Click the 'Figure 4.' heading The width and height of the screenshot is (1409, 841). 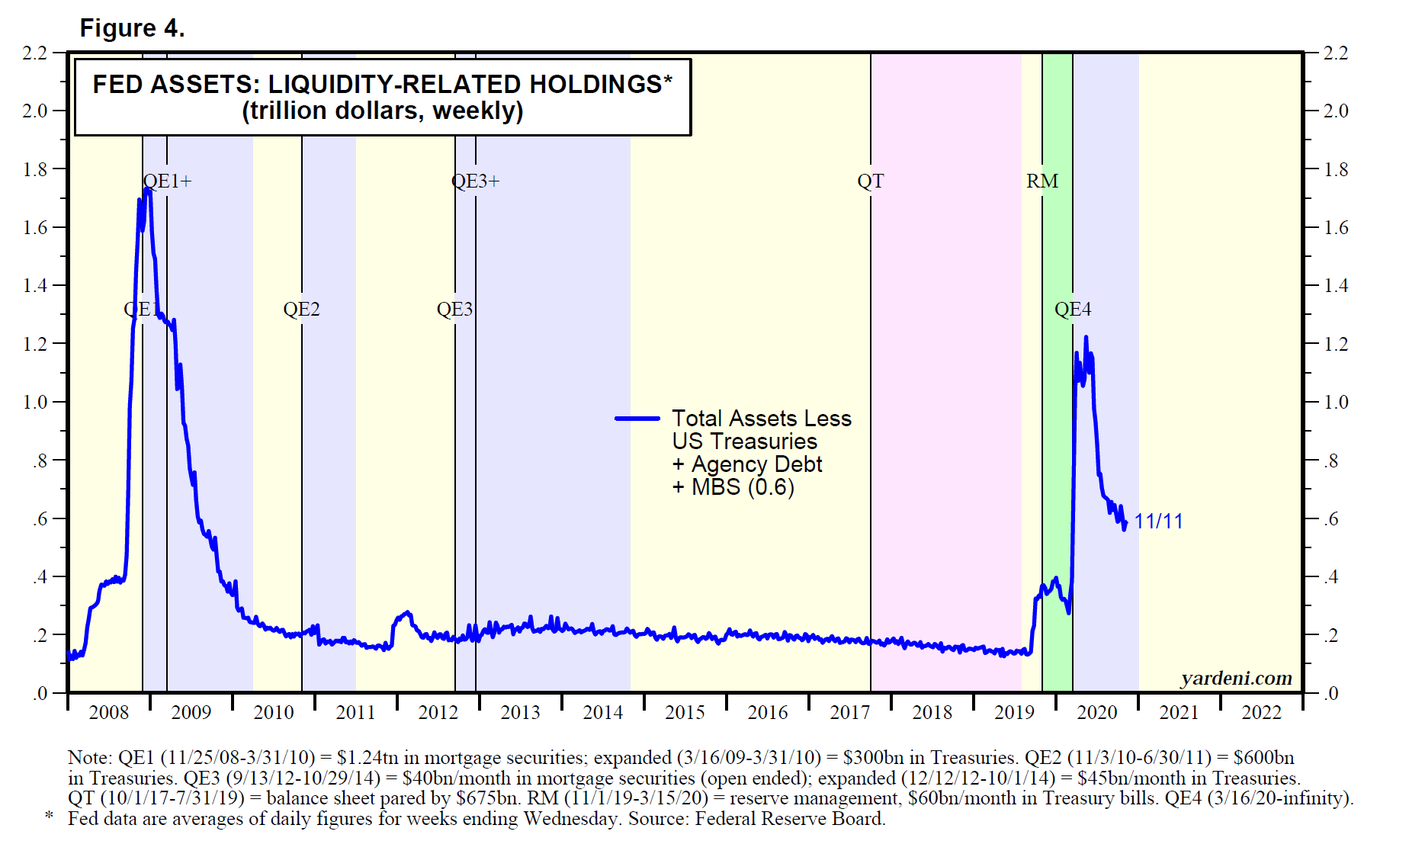point(132,28)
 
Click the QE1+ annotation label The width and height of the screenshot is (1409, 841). point(168,181)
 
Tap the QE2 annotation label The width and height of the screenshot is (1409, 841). point(301,309)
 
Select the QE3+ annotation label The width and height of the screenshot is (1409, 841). point(475,181)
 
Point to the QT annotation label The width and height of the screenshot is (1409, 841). point(870,181)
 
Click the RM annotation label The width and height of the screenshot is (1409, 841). point(1042,181)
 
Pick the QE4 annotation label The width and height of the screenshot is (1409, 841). point(1072,309)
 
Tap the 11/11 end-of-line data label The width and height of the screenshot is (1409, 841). point(1158,522)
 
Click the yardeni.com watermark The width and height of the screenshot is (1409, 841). point(1236,678)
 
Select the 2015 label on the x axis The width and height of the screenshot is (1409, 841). point(685,712)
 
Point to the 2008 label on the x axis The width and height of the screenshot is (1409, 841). point(108,712)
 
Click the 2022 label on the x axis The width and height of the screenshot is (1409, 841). point(1261,712)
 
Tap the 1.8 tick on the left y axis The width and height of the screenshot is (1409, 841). point(35,169)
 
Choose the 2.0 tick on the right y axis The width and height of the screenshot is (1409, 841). point(1335,111)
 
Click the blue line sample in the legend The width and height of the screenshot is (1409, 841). point(637,419)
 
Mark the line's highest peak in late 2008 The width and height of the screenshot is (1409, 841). point(147,188)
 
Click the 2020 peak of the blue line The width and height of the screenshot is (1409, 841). point(1086,337)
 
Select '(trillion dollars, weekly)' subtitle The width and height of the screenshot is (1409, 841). point(382,111)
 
